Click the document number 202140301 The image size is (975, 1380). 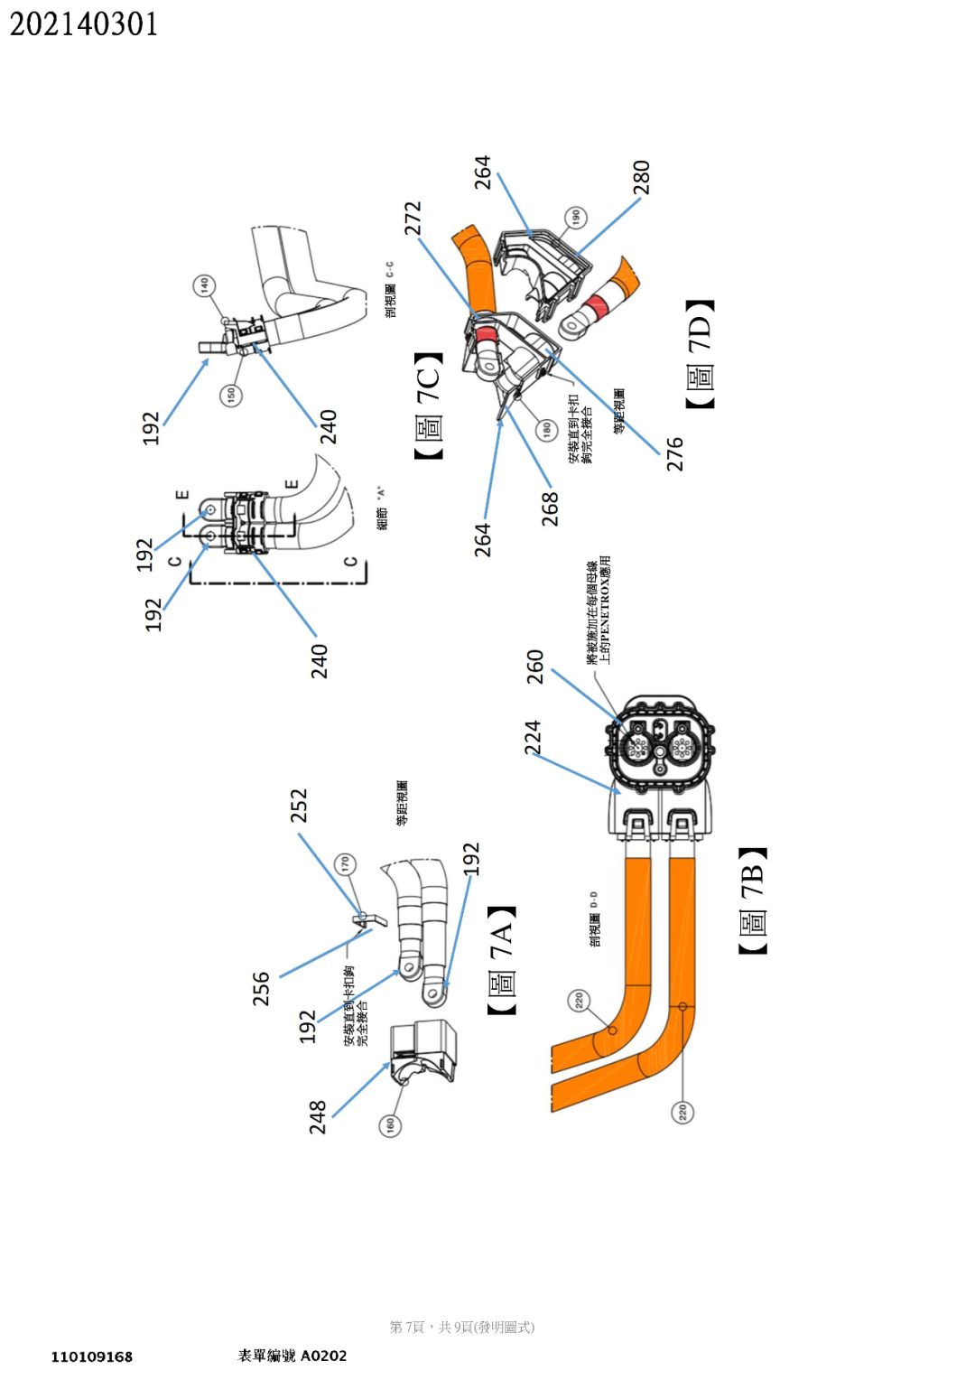(84, 24)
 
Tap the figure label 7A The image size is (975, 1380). (501, 959)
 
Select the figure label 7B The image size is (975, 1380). (752, 900)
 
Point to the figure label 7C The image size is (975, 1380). (428, 406)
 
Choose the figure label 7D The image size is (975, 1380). (700, 353)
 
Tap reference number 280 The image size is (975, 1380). (641, 177)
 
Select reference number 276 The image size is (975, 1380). (674, 454)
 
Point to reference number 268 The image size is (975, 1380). (550, 508)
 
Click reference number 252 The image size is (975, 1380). (299, 806)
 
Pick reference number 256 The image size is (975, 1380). (261, 988)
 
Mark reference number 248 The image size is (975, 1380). (317, 1116)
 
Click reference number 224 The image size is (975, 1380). (533, 737)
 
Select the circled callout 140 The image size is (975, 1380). (204, 284)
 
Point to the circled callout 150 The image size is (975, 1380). (231, 395)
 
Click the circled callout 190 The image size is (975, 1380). (576, 217)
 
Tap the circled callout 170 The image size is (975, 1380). (345, 864)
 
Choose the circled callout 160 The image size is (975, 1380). (390, 1124)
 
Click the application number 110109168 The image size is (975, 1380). (92, 1357)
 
